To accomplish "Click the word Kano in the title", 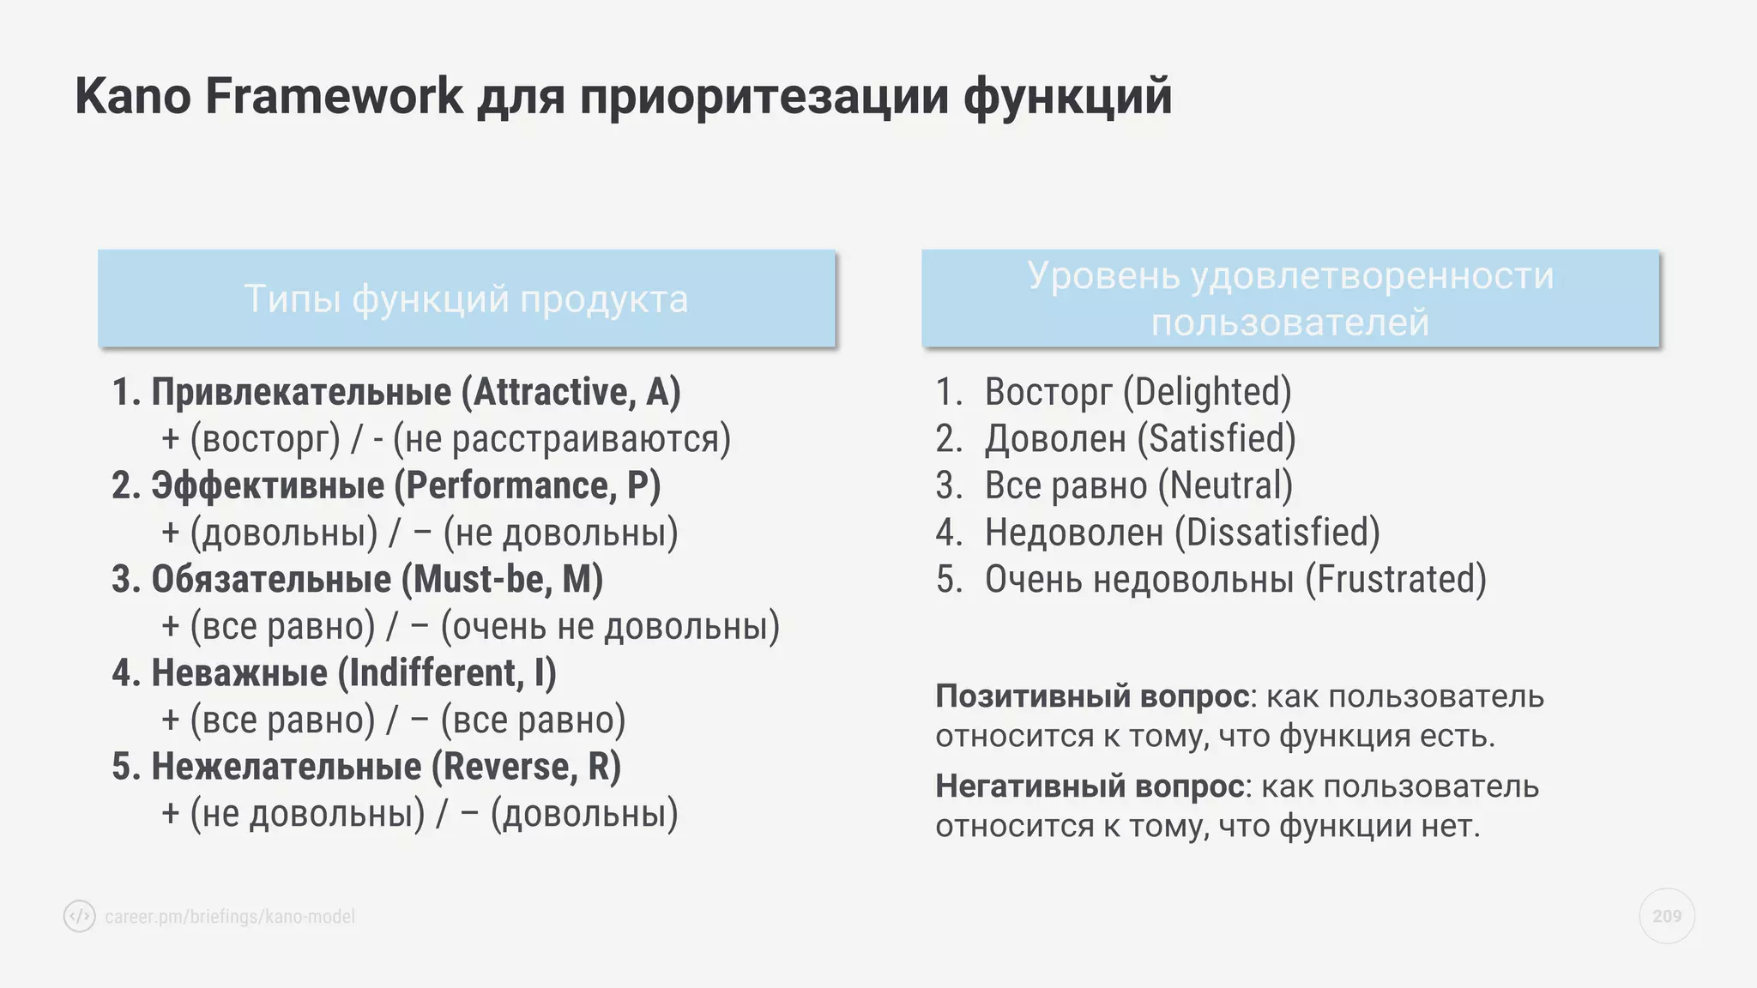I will click(x=133, y=96).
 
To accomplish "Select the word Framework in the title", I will click(x=334, y=96).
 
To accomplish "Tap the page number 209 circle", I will click(x=1666, y=916).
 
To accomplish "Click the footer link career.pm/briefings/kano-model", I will click(x=230, y=917).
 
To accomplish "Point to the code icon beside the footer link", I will click(x=80, y=916).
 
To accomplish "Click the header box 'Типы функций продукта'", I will click(x=466, y=298).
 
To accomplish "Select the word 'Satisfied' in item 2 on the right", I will click(x=1217, y=439).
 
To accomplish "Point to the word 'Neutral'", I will click(x=1225, y=486).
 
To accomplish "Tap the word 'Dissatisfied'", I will click(x=1277, y=533).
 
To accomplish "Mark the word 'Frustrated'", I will click(x=1395, y=580).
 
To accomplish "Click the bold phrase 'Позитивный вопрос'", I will click(x=1091, y=696).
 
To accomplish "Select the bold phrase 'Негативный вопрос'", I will click(x=1090, y=786).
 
